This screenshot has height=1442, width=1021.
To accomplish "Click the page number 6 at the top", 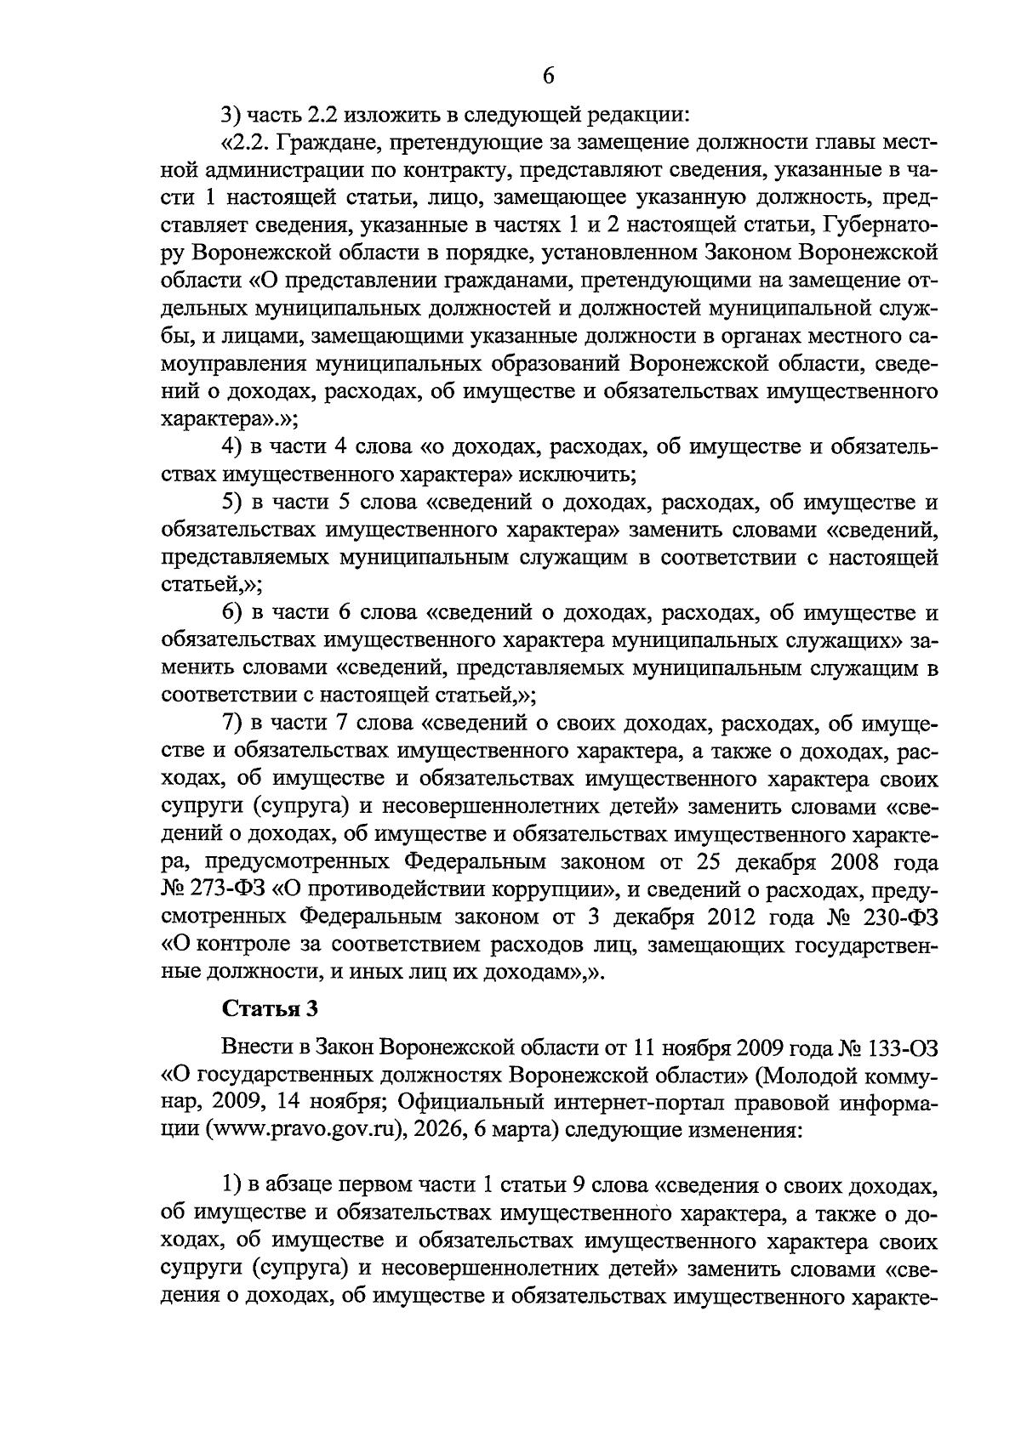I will coord(548,77).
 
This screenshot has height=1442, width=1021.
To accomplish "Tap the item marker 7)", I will coord(231,724).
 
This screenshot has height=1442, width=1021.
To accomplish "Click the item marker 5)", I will coord(231,502).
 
